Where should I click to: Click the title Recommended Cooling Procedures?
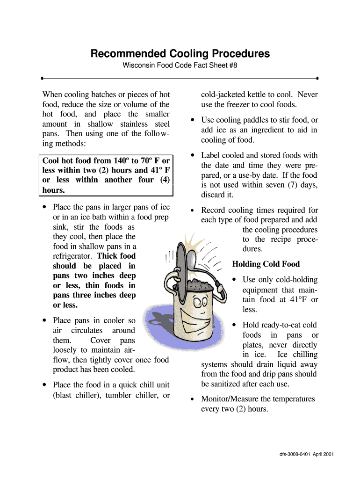tap(180, 54)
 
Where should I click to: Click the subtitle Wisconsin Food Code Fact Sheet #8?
tap(180, 65)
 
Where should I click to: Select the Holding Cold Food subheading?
tap(266, 264)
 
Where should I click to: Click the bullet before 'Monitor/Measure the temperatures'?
tap(192, 399)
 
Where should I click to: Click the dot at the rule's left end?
tap(42, 78)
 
